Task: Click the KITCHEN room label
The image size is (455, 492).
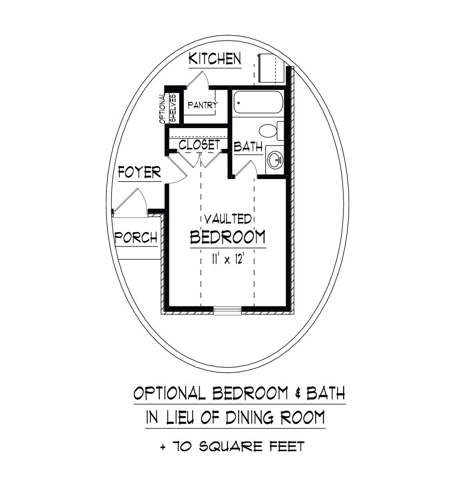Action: coord(215,59)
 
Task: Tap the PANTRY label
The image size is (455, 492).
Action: coord(203,105)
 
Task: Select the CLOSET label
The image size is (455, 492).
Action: coord(199,145)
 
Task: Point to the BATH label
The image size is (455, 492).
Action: coord(248,147)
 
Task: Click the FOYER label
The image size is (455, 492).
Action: coord(139,172)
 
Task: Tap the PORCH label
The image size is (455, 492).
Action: coord(136,238)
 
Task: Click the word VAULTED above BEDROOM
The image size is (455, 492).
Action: coord(228,219)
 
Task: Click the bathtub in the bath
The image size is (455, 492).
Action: coord(258,103)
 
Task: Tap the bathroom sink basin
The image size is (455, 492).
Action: coord(275,160)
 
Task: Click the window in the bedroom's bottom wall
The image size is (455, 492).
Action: coord(227,311)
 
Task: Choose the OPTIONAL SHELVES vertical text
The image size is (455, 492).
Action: coord(168,109)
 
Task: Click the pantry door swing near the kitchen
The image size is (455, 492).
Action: coord(198,79)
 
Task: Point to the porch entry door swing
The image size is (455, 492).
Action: coord(130,201)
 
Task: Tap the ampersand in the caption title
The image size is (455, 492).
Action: coord(297,394)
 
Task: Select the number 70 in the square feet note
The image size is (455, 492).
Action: coord(182,447)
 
